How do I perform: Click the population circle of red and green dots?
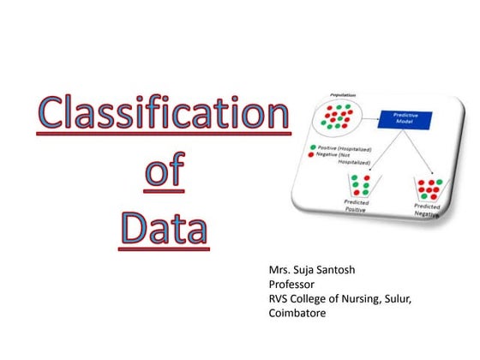[x=339, y=117]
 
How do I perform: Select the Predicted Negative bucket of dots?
[x=426, y=187]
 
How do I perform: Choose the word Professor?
[x=295, y=284]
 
